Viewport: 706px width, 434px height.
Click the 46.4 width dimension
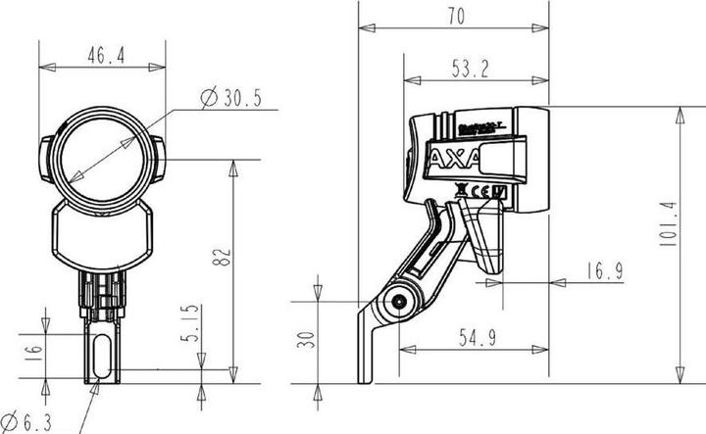pos(106,57)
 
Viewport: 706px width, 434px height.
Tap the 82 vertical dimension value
pos(223,257)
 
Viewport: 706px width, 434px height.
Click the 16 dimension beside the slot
pos(32,351)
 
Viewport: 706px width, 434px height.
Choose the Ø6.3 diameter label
pos(32,421)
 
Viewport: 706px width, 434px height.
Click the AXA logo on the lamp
pos(453,158)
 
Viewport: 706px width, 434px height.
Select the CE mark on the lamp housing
pos(480,191)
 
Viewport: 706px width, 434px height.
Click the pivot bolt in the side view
pos(399,303)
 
